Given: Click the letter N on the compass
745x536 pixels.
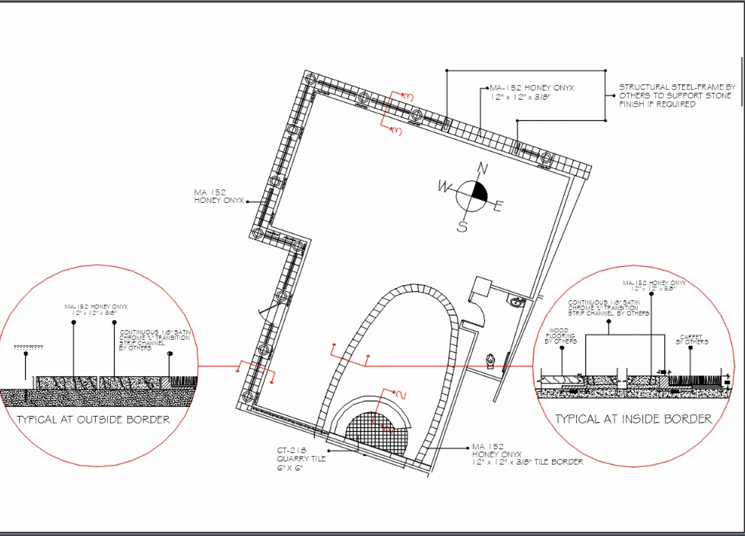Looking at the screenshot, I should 480,168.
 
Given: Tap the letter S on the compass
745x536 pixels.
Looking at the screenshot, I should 461,226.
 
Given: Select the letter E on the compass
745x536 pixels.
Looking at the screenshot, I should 499,206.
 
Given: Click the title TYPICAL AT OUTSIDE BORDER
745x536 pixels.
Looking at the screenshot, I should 94,419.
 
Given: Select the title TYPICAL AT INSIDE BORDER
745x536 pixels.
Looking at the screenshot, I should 632,418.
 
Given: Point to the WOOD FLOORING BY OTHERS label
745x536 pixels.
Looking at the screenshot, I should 560,337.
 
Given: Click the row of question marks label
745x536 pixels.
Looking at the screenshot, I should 28,347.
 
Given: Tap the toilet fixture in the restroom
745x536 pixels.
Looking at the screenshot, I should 490,359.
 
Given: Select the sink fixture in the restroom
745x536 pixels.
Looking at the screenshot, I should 518,302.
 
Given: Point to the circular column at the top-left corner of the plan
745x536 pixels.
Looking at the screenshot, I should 310,80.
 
